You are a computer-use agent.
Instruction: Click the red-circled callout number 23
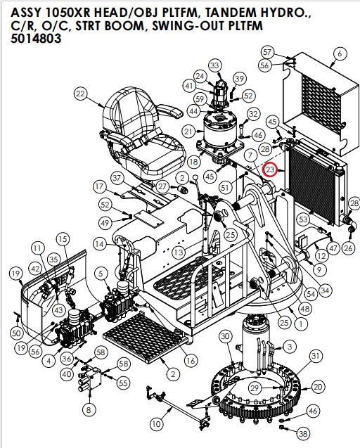click(271, 169)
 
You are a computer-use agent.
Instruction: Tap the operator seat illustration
click(145, 127)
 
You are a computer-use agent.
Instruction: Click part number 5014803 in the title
click(36, 40)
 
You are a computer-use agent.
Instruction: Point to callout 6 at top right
click(340, 53)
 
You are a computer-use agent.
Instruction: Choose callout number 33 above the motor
click(214, 65)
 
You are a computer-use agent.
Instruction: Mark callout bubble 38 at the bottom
click(302, 433)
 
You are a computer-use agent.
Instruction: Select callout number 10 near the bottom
click(156, 423)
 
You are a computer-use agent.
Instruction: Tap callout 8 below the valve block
click(89, 409)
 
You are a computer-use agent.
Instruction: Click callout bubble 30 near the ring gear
click(225, 337)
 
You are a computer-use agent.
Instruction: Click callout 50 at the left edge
click(16, 332)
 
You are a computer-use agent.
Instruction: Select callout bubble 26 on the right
click(348, 248)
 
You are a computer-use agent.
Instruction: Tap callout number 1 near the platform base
click(300, 324)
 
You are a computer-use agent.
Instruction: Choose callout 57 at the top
click(267, 52)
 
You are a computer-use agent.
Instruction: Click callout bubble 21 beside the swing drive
click(188, 131)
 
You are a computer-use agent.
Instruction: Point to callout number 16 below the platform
click(190, 360)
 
